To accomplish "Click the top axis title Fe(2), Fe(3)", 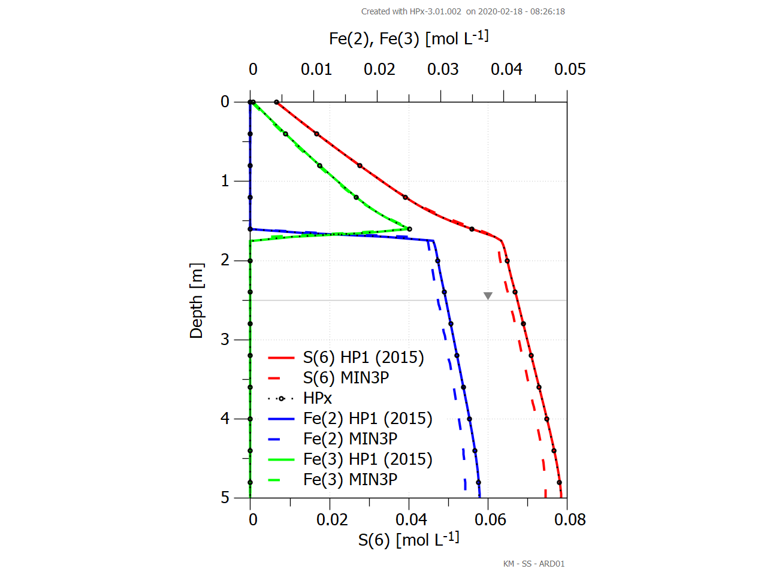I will point(409,38).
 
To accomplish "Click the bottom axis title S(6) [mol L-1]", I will point(409,540).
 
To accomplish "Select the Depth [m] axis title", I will point(197,301).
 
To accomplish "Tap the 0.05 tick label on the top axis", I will point(570,69).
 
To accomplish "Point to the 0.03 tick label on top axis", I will point(443,69).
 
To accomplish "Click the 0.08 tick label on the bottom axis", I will point(570,519).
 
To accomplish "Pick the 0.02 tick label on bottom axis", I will point(332,519).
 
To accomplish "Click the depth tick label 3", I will point(225,340).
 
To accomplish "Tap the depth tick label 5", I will point(225,498).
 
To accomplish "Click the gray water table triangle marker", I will point(488,296).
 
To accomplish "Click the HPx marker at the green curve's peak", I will point(409,229).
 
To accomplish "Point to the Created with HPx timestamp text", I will point(463,11).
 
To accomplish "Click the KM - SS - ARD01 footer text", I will point(533,564).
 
